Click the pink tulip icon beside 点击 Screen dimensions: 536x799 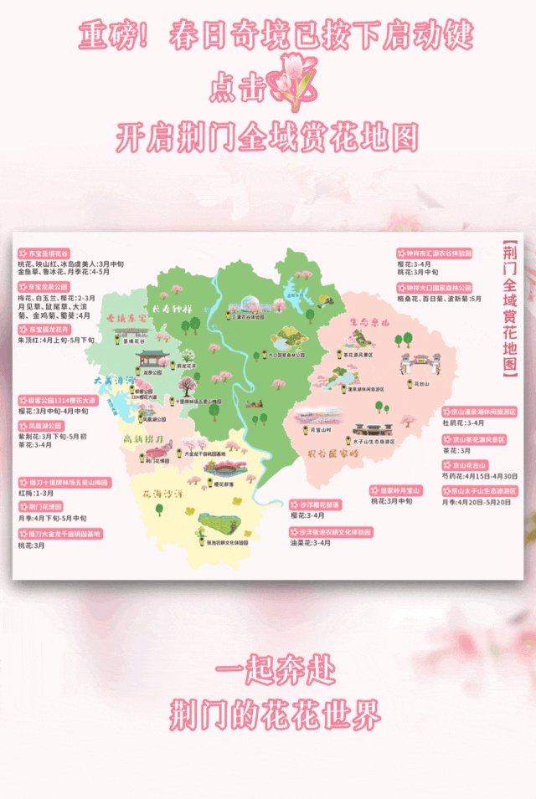click(x=292, y=82)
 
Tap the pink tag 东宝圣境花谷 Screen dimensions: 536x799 click(x=47, y=253)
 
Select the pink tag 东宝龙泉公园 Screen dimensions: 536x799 click(x=47, y=286)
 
